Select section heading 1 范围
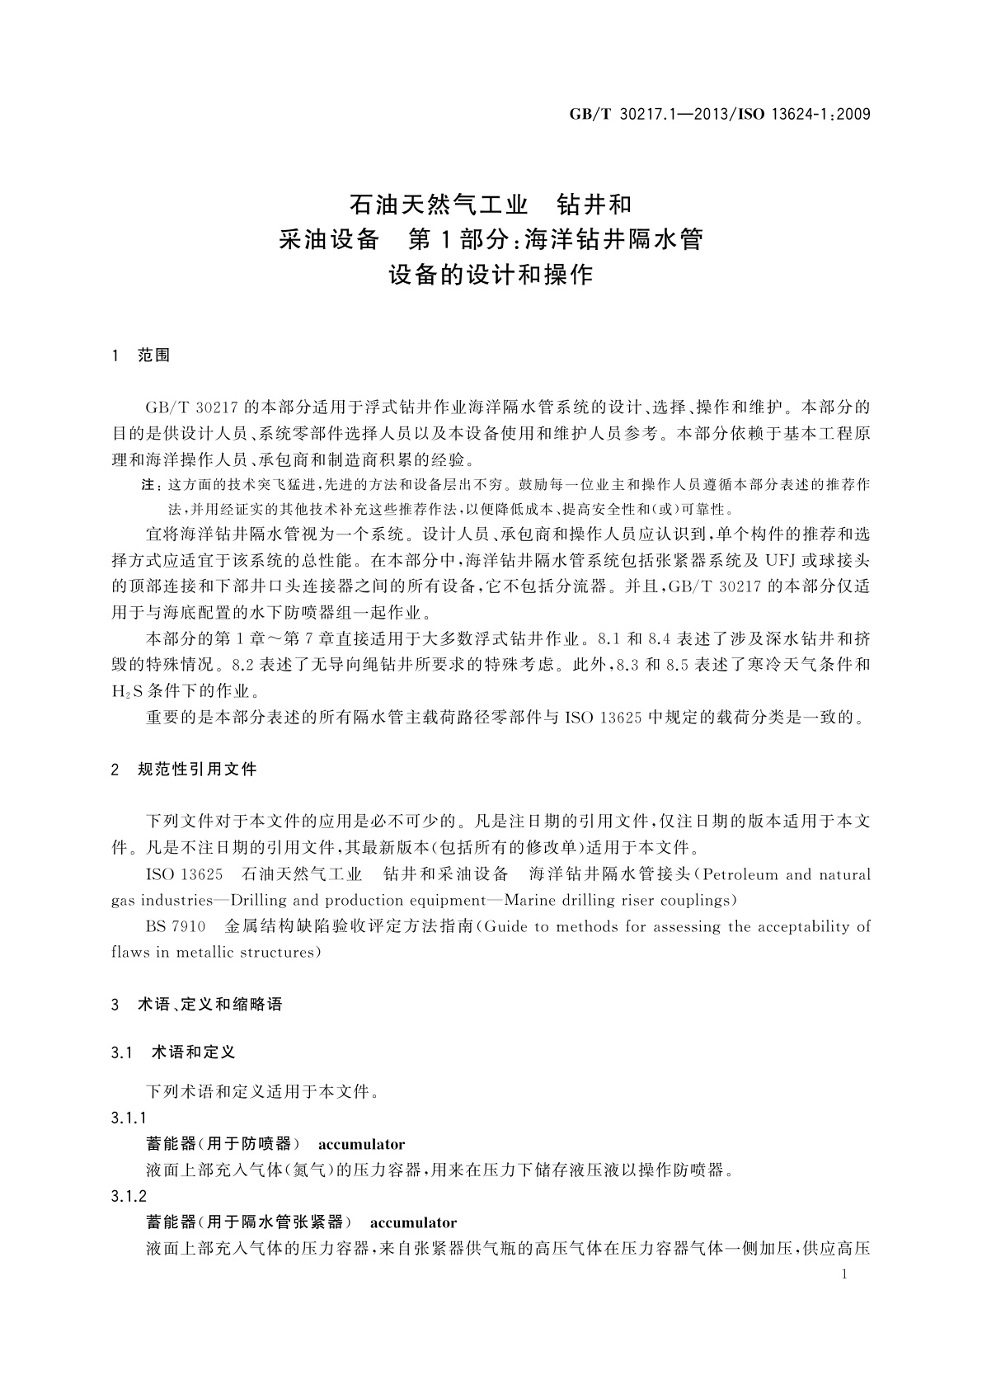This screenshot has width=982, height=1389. coord(141,355)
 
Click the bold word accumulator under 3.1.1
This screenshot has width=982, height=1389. coord(361,1144)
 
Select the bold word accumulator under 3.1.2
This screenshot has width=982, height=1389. coord(413,1222)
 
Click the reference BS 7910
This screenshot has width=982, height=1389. coord(176,926)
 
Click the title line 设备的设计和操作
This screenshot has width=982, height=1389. coord(491,274)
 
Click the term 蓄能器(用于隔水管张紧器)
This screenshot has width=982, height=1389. coord(243,1222)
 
